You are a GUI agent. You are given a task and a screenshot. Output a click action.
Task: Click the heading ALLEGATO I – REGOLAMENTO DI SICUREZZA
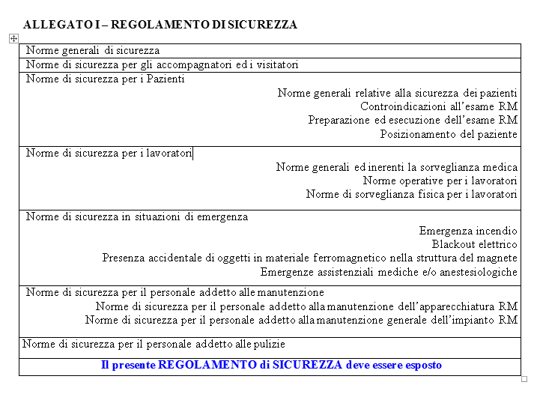click(x=160, y=25)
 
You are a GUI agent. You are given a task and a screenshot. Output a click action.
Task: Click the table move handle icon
click(x=13, y=37)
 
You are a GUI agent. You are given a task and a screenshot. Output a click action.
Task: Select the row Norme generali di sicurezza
click(x=93, y=51)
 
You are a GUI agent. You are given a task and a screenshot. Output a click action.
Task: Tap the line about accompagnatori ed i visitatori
click(x=163, y=65)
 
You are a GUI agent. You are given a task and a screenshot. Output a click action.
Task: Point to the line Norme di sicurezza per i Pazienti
click(x=105, y=79)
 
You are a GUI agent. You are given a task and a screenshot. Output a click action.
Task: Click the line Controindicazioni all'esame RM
click(x=438, y=107)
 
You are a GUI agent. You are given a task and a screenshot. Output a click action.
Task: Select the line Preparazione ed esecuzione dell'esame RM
click(x=413, y=121)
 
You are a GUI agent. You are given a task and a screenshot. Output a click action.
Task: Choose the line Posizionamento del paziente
click(x=449, y=135)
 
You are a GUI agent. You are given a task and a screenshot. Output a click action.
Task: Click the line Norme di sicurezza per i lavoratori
click(x=109, y=154)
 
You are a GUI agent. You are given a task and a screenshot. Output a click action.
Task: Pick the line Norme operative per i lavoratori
click(x=440, y=181)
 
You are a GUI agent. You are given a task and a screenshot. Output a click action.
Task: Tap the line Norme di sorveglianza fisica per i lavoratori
click(x=411, y=195)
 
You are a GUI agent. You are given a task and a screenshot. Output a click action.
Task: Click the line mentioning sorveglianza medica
click(x=396, y=168)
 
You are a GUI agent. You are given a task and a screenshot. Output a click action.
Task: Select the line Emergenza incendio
click(x=468, y=231)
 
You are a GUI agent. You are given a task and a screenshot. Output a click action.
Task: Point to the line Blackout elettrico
click(x=474, y=245)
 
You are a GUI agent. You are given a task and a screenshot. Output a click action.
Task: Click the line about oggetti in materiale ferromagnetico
click(x=309, y=258)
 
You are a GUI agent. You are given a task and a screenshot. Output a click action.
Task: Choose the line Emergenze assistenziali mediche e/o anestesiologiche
click(x=389, y=273)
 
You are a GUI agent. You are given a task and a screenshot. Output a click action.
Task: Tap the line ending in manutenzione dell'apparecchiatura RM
click(x=306, y=306)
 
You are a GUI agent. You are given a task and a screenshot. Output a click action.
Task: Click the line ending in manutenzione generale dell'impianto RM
click(x=301, y=321)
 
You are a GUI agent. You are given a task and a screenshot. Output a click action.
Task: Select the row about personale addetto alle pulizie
click(x=154, y=345)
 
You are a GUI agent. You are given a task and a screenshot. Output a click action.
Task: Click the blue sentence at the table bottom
click(x=271, y=366)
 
